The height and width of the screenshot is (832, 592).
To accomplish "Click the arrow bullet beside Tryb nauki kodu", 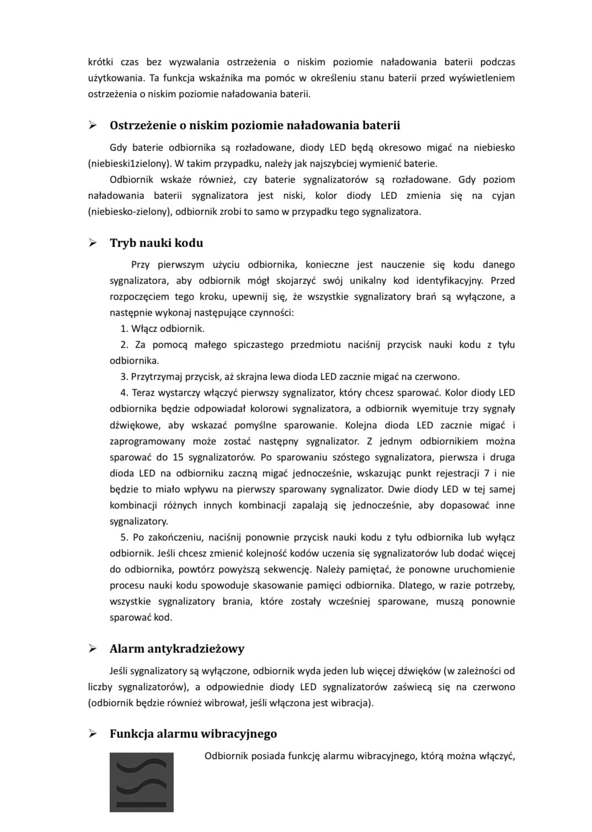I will pos(93,243).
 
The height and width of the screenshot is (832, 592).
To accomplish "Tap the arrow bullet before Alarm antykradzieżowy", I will pos(93,648).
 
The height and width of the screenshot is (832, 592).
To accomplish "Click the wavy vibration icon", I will pos(141,782).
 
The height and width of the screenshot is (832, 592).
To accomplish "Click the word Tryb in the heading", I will pos(122,243).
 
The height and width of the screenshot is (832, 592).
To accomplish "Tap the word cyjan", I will pos(503,195).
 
